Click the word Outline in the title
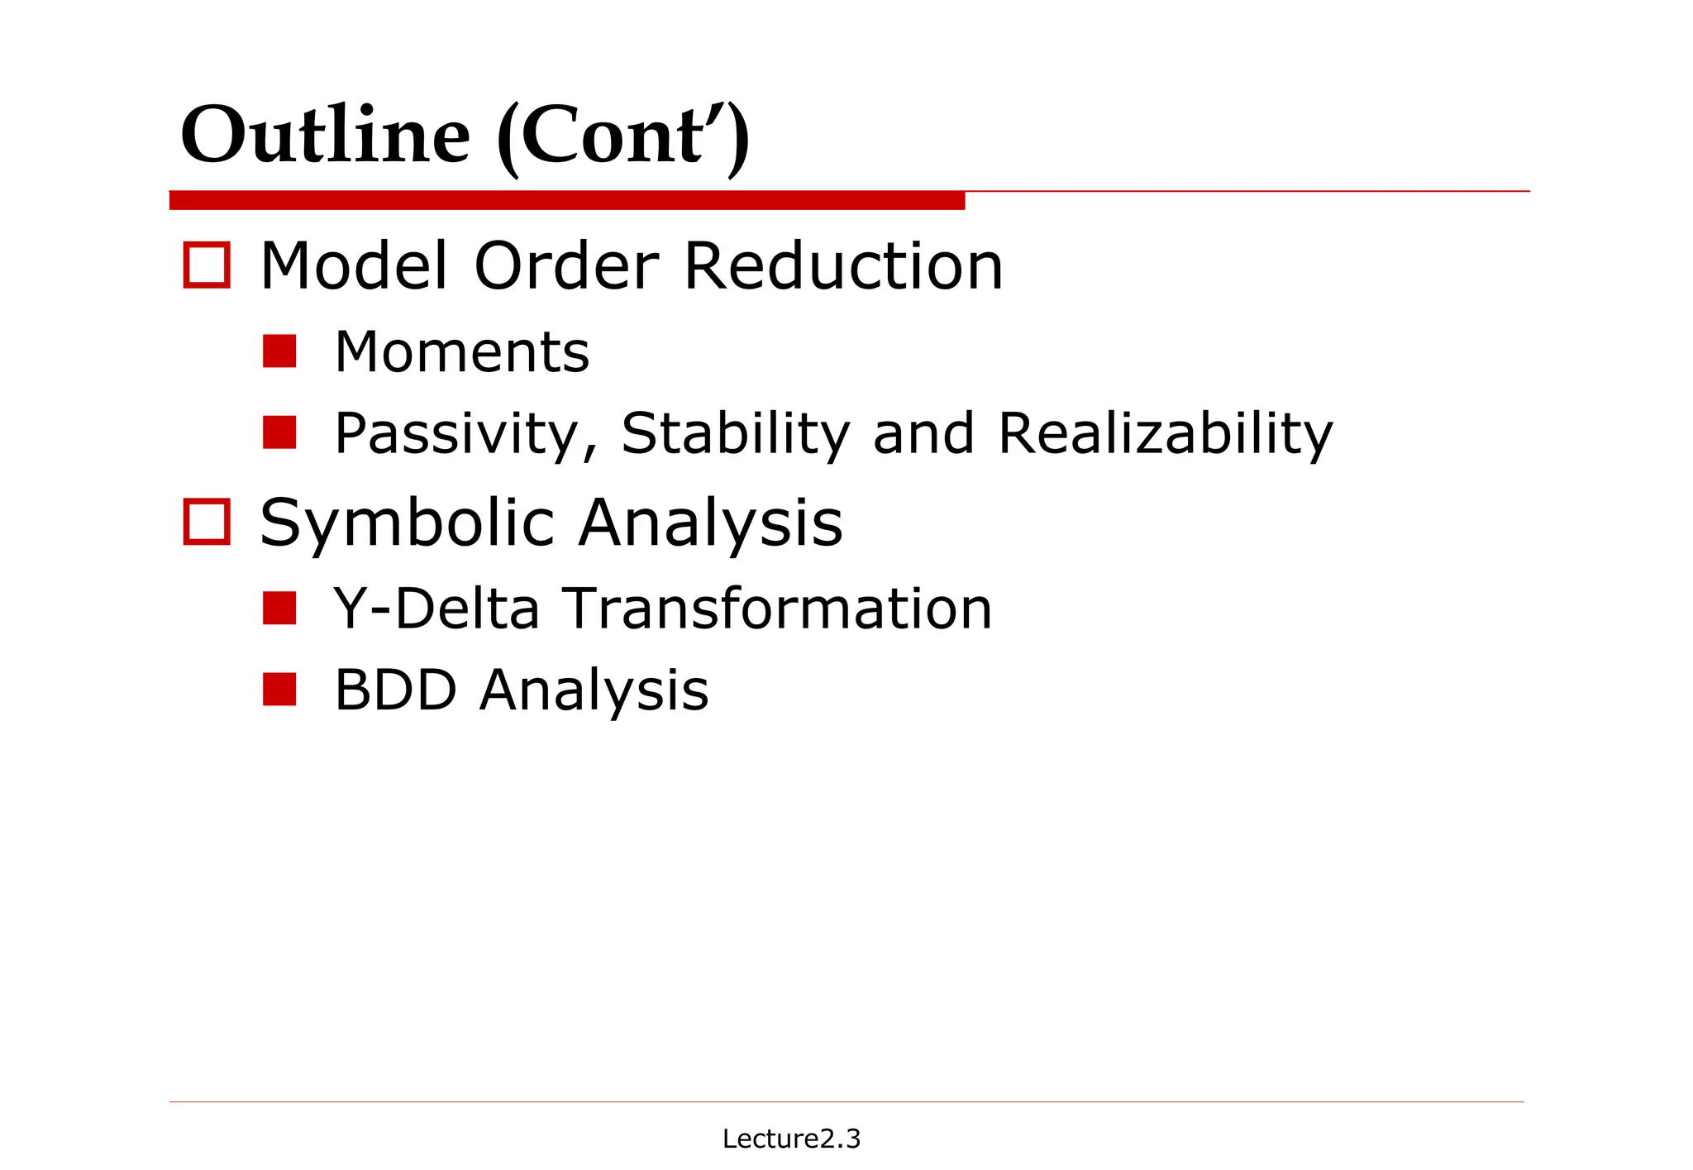pyautogui.click(x=325, y=135)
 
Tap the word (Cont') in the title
pyautogui.click(x=622, y=136)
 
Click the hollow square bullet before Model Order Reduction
pyautogui.click(x=206, y=265)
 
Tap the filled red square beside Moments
pyautogui.click(x=279, y=351)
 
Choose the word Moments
pyautogui.click(x=461, y=352)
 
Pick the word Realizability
pyautogui.click(x=1166, y=434)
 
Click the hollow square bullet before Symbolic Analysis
pyautogui.click(x=206, y=522)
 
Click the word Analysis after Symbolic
pyautogui.click(x=710, y=524)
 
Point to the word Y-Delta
pyautogui.click(x=436, y=609)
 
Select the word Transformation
pyautogui.click(x=778, y=609)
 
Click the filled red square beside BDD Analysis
pyautogui.click(x=279, y=690)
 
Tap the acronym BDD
pyautogui.click(x=395, y=690)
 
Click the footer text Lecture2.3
pyautogui.click(x=791, y=1139)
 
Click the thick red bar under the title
pyautogui.click(x=567, y=200)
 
